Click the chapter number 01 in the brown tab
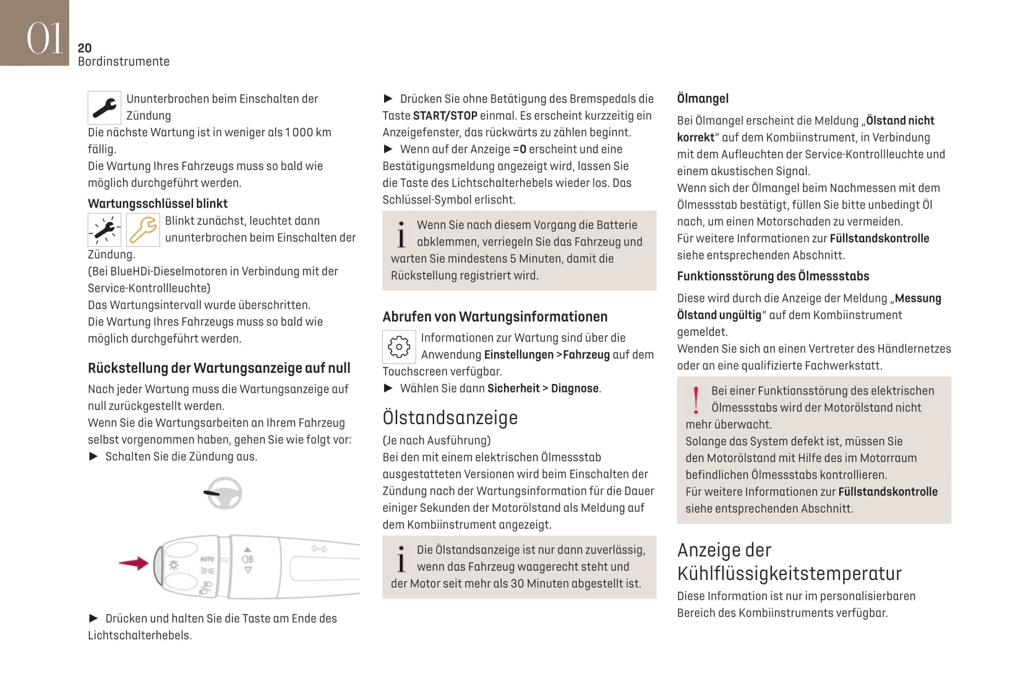pos(44,38)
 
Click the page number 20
pos(85,48)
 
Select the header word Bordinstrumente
pos(124,61)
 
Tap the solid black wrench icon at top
pos(104,108)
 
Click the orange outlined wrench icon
pos(143,229)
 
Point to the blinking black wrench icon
pos(104,229)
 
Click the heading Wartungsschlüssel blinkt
pos(157,203)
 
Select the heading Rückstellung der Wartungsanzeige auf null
pos(219,368)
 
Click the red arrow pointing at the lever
pos(134,563)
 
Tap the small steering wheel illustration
pos(223,493)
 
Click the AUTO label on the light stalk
pos(207,559)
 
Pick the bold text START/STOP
pos(445,116)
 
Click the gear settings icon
pos(399,346)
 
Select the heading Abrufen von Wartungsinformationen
pos(495,317)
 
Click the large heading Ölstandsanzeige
pos(450,417)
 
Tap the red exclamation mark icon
pos(696,400)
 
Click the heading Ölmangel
pos(703,98)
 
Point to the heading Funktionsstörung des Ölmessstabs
pos(773,276)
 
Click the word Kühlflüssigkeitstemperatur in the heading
pos(789,573)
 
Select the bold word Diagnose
pos(575,388)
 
